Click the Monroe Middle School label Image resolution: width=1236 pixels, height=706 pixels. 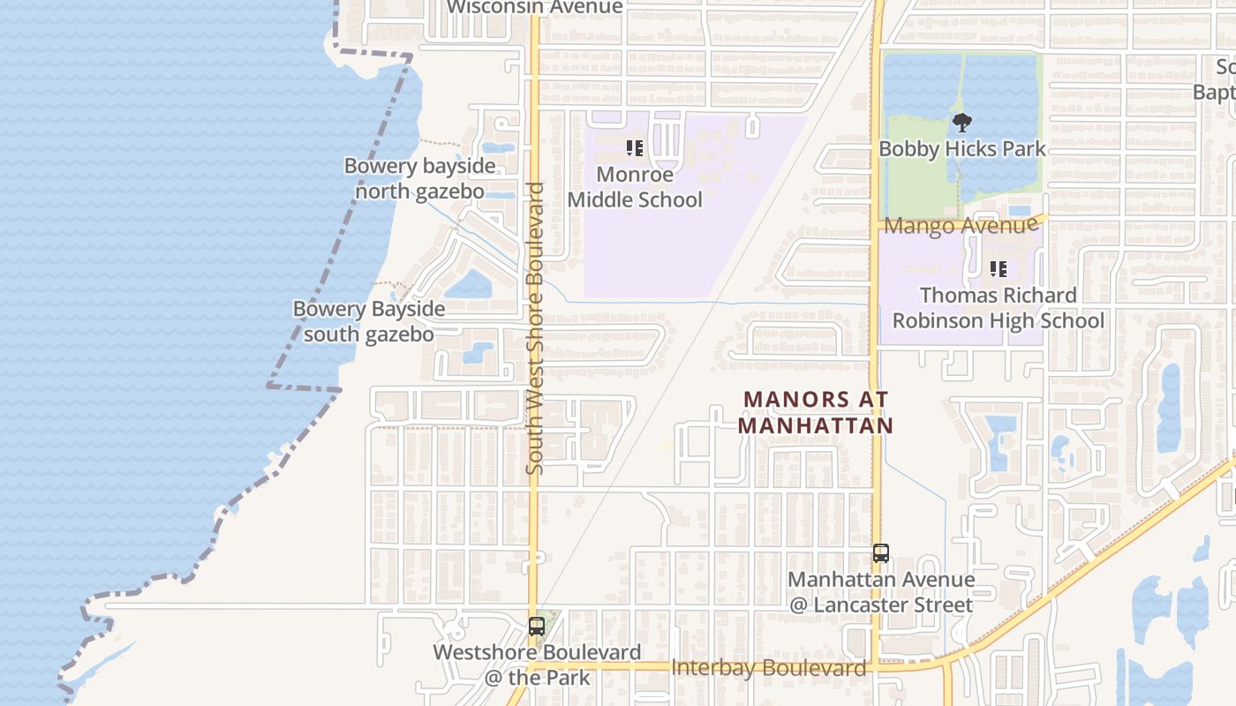pyautogui.click(x=635, y=187)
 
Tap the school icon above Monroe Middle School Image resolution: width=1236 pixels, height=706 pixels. pyautogui.click(x=635, y=148)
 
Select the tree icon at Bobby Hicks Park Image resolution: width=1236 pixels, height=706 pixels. pyautogui.click(x=961, y=124)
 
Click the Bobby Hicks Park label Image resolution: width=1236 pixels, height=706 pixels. pyautogui.click(x=961, y=149)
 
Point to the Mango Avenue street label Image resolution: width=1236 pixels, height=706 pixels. pyautogui.click(x=961, y=225)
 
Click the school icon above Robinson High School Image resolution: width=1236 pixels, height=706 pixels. pyautogui.click(x=999, y=269)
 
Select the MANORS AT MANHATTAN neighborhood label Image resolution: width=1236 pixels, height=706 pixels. pyautogui.click(x=816, y=412)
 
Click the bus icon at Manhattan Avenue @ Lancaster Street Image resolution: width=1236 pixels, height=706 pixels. pyautogui.click(x=880, y=553)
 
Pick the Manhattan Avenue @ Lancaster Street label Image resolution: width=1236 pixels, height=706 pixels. pyautogui.click(x=881, y=592)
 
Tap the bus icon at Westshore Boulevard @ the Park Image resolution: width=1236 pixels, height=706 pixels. pyautogui.click(x=536, y=627)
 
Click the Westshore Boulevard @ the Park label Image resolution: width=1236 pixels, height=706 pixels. pyautogui.click(x=537, y=665)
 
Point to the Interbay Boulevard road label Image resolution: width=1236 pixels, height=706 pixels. pyautogui.click(x=768, y=668)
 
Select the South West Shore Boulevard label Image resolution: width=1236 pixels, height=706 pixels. pyautogui.click(x=535, y=327)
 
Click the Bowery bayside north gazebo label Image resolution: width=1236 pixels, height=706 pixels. pyautogui.click(x=419, y=179)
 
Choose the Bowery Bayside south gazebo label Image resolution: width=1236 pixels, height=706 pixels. pyautogui.click(x=369, y=322)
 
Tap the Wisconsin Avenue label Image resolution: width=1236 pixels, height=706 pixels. pyautogui.click(x=534, y=8)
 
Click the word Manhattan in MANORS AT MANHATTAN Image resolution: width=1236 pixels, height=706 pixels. pyautogui.click(x=816, y=425)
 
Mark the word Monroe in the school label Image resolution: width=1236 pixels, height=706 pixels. pyautogui.click(x=635, y=174)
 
